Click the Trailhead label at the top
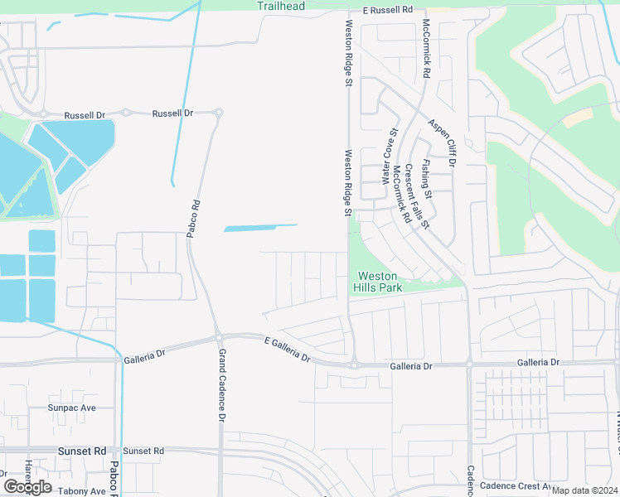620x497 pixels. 280,7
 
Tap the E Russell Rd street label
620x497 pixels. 387,10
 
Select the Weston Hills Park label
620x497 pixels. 379,282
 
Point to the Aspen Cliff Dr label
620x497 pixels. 442,142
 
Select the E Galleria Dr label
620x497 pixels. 287,350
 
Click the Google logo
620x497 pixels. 27,487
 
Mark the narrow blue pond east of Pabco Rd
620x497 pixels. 260,228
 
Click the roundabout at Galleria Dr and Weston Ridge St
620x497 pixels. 354,364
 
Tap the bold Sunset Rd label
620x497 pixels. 82,451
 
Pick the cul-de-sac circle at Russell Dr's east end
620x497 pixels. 219,113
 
